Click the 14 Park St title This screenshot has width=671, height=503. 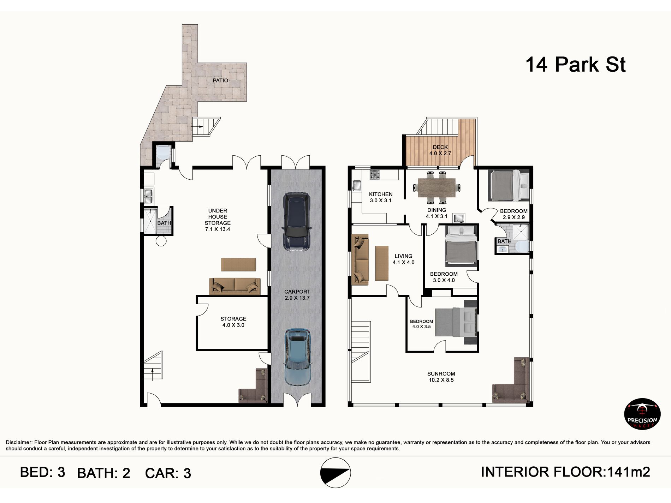(575, 65)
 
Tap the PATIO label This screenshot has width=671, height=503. (220, 80)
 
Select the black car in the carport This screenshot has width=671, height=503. (297, 222)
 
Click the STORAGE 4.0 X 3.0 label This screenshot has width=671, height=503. (233, 322)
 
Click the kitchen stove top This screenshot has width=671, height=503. (374, 175)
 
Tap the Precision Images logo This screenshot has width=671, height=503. (642, 414)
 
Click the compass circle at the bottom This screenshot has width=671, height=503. (335, 473)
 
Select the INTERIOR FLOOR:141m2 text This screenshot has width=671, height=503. (565, 472)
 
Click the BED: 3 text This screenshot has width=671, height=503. (43, 472)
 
